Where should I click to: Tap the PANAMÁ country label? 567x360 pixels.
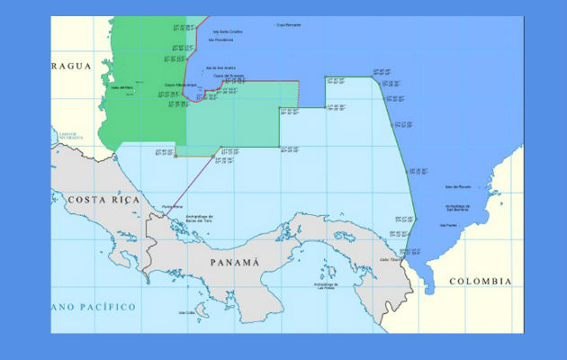point(233,262)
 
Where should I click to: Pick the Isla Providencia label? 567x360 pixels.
point(220,40)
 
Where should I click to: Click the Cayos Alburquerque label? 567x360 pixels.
point(181,85)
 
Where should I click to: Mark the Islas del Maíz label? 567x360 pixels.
point(121,87)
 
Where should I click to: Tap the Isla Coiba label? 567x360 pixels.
point(187,313)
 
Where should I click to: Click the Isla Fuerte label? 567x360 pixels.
point(447,226)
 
